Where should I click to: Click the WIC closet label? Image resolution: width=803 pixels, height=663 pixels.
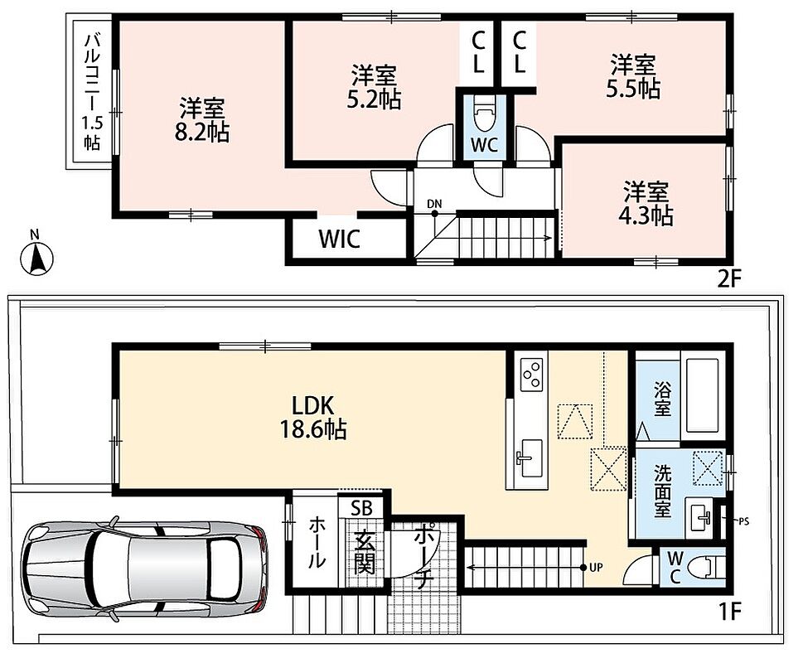[x=340, y=239]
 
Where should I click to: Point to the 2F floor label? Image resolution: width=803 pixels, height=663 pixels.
[x=729, y=279]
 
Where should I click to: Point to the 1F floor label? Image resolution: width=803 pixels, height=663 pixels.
[x=729, y=612]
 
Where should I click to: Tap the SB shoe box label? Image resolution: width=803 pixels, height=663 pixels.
[x=361, y=507]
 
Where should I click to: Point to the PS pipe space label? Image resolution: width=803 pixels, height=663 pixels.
[x=743, y=521]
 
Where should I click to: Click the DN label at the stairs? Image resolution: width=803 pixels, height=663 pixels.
[x=434, y=204]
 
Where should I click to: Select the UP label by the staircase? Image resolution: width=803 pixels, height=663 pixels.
[x=596, y=567]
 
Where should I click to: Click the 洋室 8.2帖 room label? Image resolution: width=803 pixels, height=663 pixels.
[x=201, y=120]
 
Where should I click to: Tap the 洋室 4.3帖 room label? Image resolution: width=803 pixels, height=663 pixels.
[x=646, y=203]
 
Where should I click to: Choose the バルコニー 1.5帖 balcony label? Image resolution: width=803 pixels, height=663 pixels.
[x=92, y=92]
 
